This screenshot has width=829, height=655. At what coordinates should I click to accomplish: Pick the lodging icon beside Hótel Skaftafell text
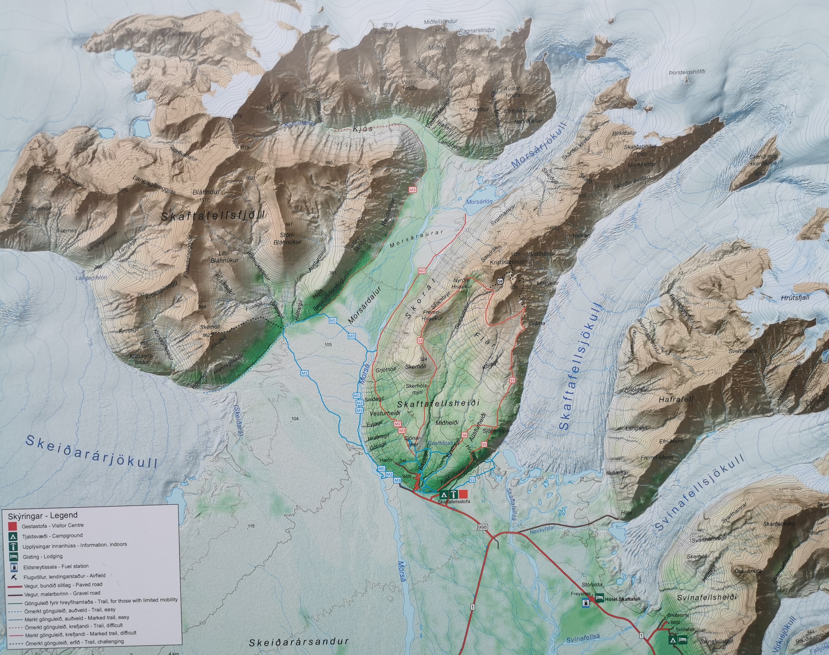click(x=599, y=598)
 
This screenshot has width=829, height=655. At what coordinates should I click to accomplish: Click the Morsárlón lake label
click(x=479, y=201)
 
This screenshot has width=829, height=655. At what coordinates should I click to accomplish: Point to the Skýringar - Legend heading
click(x=43, y=515)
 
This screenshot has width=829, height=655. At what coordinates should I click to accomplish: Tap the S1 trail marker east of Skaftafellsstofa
click(x=472, y=480)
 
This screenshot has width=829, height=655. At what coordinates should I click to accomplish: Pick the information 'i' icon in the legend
click(x=14, y=546)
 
